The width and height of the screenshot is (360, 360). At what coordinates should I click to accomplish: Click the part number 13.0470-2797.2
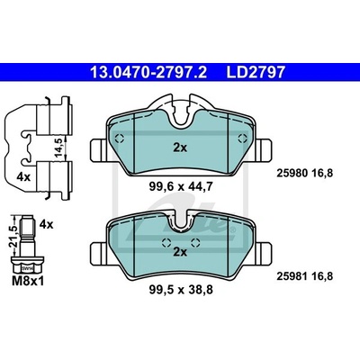coord(148,72)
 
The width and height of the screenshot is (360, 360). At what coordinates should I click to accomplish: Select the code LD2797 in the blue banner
coord(256,72)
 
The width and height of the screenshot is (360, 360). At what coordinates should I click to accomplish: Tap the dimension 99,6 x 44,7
coord(181,187)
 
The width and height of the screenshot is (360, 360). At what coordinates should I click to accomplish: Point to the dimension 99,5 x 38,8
coord(181,290)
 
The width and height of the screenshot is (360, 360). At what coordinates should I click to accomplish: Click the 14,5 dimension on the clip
coord(58,147)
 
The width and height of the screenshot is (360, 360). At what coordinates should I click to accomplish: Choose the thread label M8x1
coord(28,281)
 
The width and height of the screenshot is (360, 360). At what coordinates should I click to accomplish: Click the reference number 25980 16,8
coord(304,173)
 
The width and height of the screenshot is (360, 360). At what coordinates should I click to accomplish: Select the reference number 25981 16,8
coord(304,276)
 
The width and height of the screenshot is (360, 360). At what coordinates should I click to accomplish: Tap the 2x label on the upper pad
coord(180,148)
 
